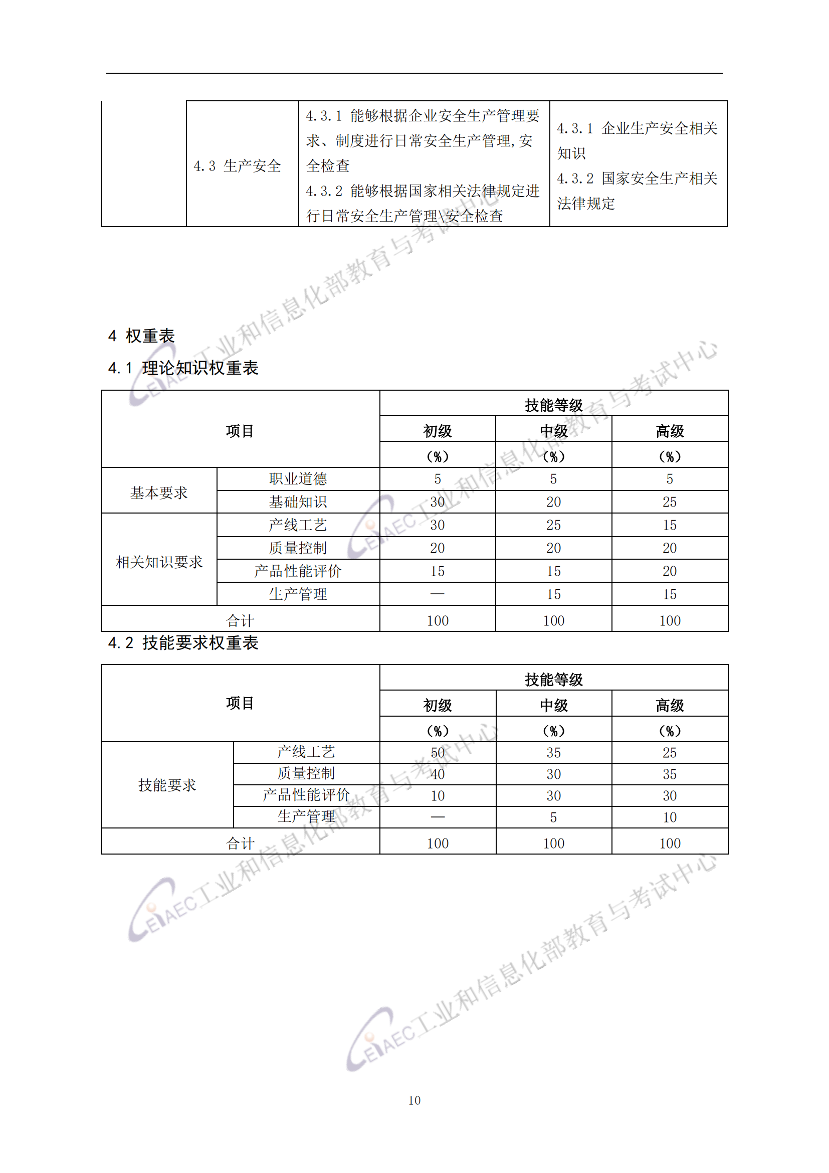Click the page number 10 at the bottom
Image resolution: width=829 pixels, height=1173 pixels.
[x=414, y=1100]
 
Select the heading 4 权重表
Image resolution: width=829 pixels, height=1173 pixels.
[x=141, y=336]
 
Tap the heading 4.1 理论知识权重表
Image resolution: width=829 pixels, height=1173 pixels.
[x=183, y=368]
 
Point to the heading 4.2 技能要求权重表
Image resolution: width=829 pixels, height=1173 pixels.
[x=183, y=643]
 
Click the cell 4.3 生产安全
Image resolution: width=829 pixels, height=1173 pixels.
[x=238, y=165]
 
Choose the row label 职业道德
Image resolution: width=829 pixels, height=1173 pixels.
[x=298, y=479]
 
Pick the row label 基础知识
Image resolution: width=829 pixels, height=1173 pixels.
[x=298, y=501]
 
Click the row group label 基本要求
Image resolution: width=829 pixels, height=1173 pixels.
[x=159, y=492]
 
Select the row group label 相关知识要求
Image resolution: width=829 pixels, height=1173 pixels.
[x=159, y=562]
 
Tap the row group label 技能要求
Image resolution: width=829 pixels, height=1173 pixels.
[x=167, y=785]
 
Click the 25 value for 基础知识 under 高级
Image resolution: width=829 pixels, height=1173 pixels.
[x=669, y=501]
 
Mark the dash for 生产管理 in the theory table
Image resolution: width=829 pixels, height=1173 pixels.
[x=438, y=594]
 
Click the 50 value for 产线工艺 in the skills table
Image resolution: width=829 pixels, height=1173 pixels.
[x=438, y=753]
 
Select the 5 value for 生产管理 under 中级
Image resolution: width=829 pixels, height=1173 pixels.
[x=553, y=817]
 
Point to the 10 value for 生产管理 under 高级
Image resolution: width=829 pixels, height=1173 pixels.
[x=669, y=817]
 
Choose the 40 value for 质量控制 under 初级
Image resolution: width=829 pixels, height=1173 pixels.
[x=438, y=774]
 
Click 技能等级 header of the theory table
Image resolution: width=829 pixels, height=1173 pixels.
[x=553, y=405]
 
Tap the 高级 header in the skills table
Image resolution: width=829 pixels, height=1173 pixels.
[x=669, y=706]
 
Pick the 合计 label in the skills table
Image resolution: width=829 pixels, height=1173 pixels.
[x=240, y=843]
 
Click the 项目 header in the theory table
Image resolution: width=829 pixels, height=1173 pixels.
[x=240, y=431]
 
